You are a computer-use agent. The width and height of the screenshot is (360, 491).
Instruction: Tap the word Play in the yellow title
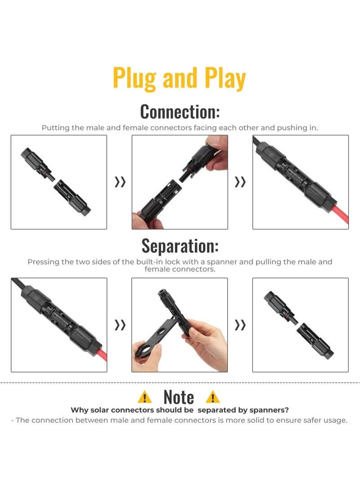coord(225,78)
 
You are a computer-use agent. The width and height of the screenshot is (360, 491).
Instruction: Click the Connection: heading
coord(180,111)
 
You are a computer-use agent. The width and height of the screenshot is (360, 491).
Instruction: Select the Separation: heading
coord(180,245)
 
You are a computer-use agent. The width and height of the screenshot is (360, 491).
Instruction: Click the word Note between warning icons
coord(179,397)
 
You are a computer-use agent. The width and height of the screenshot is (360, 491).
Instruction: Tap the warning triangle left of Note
coord(144,397)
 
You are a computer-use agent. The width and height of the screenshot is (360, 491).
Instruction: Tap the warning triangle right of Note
coord(212,397)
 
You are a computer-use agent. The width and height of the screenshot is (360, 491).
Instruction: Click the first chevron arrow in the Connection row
coord(120,182)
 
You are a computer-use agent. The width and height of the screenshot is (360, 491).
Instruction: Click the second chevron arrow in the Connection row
coord(240,182)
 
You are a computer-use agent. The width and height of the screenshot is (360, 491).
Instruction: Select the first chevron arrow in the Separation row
coord(120,325)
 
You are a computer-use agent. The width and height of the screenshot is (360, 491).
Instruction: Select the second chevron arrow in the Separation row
coord(240,325)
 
